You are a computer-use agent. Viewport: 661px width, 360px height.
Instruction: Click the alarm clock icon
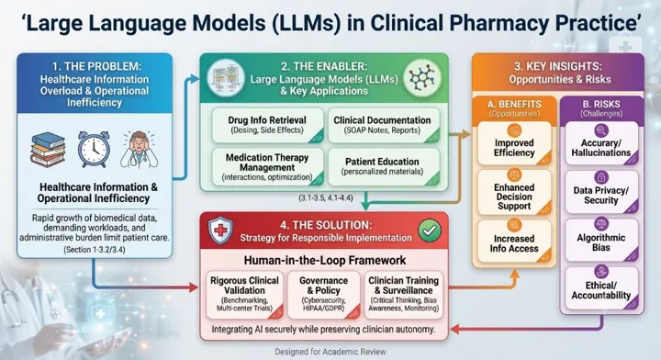(x=94, y=149)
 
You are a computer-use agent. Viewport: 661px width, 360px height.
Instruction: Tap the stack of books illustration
(x=48, y=150)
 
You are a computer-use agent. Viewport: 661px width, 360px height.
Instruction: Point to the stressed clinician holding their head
(x=140, y=150)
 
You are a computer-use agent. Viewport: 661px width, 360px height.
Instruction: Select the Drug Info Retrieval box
(x=268, y=125)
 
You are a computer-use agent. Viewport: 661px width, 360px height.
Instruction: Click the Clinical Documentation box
(x=383, y=125)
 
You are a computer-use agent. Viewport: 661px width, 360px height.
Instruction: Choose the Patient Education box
(x=383, y=166)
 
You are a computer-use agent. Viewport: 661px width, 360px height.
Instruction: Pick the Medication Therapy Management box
(x=268, y=166)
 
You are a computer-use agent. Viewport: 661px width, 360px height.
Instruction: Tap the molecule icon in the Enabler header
(x=422, y=78)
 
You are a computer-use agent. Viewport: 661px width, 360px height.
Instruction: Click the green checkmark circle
(x=430, y=231)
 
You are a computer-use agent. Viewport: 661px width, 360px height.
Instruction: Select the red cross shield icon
(x=220, y=231)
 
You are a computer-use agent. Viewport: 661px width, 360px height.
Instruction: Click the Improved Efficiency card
(x=514, y=143)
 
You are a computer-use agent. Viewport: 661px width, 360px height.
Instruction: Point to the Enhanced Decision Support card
(x=514, y=192)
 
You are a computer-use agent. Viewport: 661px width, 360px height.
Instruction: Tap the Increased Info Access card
(x=514, y=240)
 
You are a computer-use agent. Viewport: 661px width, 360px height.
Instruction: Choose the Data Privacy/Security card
(x=601, y=191)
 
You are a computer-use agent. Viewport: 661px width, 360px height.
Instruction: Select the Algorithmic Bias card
(x=601, y=239)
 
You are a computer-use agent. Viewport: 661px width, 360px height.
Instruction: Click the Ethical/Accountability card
(x=601, y=287)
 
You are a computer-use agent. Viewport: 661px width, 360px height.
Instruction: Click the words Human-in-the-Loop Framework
(x=325, y=260)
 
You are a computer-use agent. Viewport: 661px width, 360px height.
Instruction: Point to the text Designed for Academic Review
(x=330, y=352)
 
